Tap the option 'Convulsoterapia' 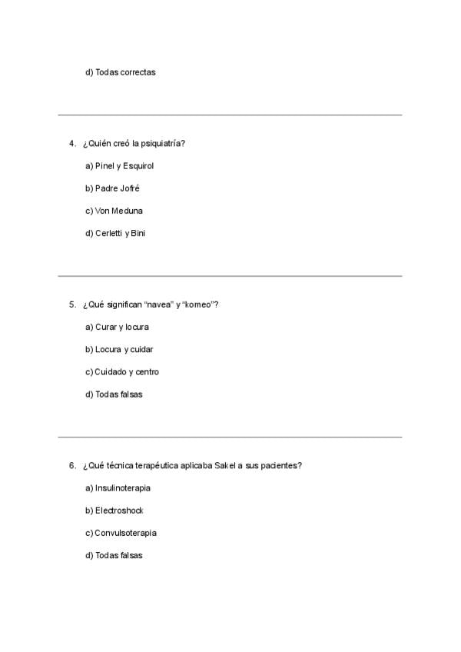coord(120,533)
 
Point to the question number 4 coord(71,143)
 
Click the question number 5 coord(71,304)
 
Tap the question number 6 coord(71,465)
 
